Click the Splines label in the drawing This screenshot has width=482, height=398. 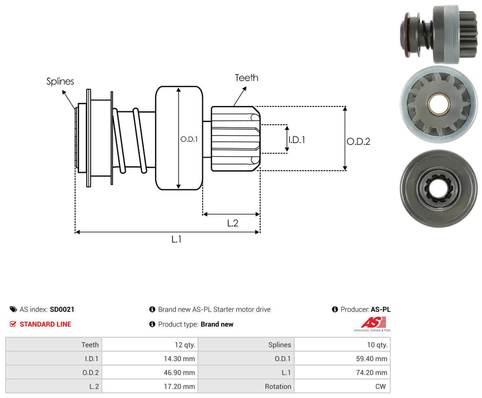[x=60, y=81]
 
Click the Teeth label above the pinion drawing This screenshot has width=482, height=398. [x=246, y=78]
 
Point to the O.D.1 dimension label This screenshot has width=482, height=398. [x=189, y=139]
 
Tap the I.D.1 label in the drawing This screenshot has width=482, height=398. [x=297, y=140]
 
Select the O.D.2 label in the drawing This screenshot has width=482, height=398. [x=358, y=141]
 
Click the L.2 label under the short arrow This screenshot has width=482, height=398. [x=233, y=223]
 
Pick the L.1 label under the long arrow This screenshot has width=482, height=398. [x=176, y=239]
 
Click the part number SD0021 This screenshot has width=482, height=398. [x=62, y=309]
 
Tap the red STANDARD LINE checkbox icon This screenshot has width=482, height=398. [x=13, y=324]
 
